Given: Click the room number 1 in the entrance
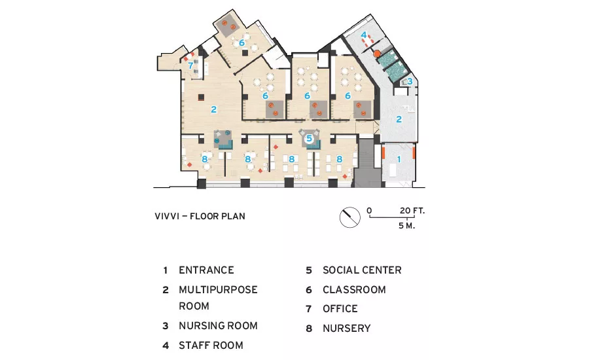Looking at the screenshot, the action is [x=399, y=159].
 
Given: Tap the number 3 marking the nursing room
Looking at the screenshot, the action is [x=410, y=81].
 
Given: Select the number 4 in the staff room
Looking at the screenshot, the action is [x=364, y=35].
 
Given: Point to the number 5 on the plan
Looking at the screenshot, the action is [x=309, y=138].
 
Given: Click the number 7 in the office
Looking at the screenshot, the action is [x=190, y=65].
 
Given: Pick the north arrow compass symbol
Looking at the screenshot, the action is [x=349, y=217].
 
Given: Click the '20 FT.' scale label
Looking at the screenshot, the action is [x=412, y=211].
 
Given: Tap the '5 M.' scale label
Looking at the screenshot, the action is [x=407, y=225].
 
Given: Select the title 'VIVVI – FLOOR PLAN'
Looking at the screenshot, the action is [x=200, y=216].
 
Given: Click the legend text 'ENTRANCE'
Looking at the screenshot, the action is [x=206, y=270].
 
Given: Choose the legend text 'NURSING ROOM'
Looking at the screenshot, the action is [x=218, y=325].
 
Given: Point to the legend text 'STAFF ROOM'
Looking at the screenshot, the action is [x=211, y=346].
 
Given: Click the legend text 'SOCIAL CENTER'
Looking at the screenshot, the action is [x=362, y=270].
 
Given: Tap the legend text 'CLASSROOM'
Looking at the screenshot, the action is [x=354, y=290].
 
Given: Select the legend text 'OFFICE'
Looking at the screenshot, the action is [x=340, y=309].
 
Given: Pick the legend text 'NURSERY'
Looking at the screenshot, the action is [x=346, y=329].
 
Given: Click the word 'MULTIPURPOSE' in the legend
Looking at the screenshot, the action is [x=218, y=290].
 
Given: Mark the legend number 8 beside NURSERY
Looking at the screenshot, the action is [x=309, y=329].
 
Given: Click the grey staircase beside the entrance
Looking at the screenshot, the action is [x=367, y=163].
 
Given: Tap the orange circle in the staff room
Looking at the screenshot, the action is [x=377, y=54].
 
